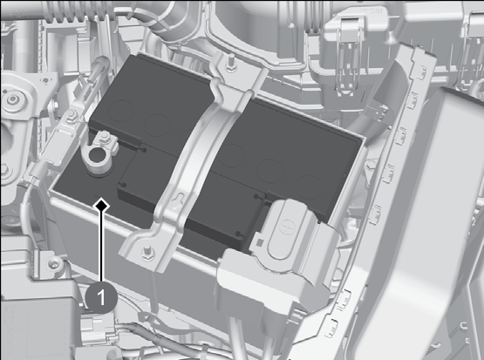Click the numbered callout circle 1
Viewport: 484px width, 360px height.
point(101,298)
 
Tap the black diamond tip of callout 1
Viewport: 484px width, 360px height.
point(101,206)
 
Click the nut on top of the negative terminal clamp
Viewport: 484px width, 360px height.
point(104,136)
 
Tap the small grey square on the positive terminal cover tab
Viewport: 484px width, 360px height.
point(260,243)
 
